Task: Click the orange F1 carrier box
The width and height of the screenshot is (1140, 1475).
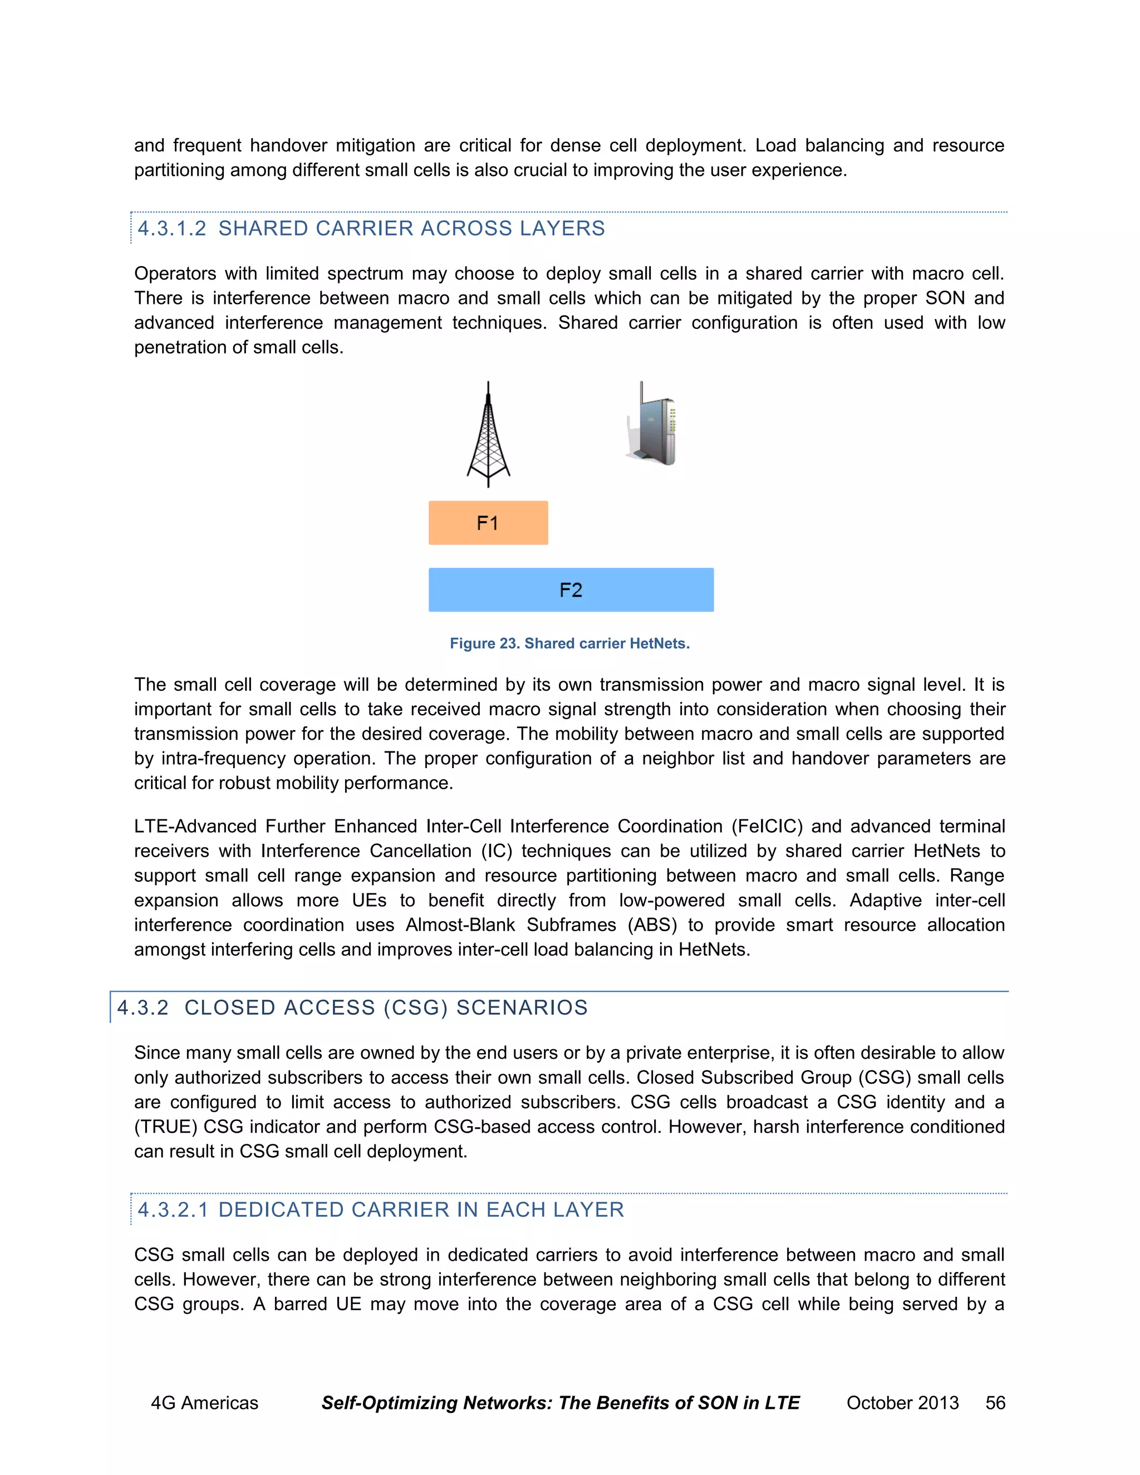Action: point(488,523)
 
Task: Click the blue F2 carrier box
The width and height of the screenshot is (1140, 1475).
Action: point(571,589)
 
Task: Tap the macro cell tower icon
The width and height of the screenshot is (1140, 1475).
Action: point(488,434)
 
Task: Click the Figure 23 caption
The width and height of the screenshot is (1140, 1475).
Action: point(569,643)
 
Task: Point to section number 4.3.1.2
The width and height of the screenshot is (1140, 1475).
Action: point(171,229)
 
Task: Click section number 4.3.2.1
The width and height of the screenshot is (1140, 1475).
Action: point(173,1209)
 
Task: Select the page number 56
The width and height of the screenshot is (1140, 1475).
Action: point(995,1403)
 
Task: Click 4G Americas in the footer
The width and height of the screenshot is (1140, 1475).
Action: point(204,1403)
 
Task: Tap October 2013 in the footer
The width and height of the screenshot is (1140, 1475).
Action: point(902,1403)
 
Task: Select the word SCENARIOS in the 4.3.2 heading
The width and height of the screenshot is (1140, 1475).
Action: point(522,1007)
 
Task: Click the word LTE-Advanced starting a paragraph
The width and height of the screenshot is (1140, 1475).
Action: point(195,827)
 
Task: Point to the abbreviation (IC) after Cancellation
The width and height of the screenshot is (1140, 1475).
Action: point(497,851)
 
